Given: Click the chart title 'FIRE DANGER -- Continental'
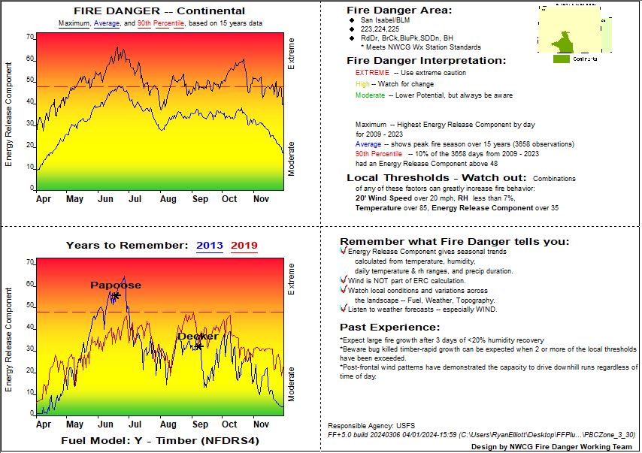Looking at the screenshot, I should coord(159,11).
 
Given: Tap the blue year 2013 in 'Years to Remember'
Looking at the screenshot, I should coord(210,245).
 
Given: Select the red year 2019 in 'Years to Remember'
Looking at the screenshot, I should coord(244,245).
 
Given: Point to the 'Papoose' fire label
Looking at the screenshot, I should coord(115,285).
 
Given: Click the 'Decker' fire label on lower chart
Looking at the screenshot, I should coord(197,336).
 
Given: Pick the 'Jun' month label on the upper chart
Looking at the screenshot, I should coord(105,199).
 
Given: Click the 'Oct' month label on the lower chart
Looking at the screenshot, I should coord(229,424).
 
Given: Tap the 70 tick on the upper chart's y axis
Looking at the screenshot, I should coord(31,37).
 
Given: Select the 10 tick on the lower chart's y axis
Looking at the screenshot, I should coord(31,392).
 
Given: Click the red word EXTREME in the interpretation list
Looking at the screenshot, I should coord(372,73).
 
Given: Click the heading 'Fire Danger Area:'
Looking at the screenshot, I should coord(399,11).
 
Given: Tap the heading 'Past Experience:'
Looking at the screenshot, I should coord(389,327).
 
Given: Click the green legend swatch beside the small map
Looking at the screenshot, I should coord(561,58).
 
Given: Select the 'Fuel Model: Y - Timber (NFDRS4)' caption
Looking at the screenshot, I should coord(159,440).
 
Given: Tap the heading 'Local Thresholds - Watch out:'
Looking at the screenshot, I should coord(436,177).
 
